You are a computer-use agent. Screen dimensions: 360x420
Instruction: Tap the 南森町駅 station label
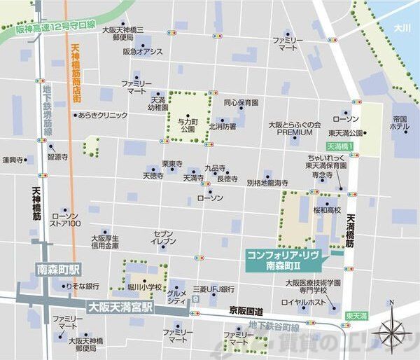pos(59,269)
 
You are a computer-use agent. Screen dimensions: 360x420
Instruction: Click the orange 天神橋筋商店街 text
pos(75,74)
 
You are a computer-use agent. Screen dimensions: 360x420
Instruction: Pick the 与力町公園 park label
pos(186,125)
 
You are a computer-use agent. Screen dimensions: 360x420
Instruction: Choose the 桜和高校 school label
pos(327,209)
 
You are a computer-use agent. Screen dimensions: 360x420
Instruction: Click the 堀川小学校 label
pos(143,287)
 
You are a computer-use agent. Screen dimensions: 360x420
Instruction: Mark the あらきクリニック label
pos(103,115)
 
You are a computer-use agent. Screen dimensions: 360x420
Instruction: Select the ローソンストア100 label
pos(66,219)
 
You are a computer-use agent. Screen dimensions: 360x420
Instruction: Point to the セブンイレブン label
pos(164,237)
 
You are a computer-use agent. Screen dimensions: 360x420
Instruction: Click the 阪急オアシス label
pos(142,51)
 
